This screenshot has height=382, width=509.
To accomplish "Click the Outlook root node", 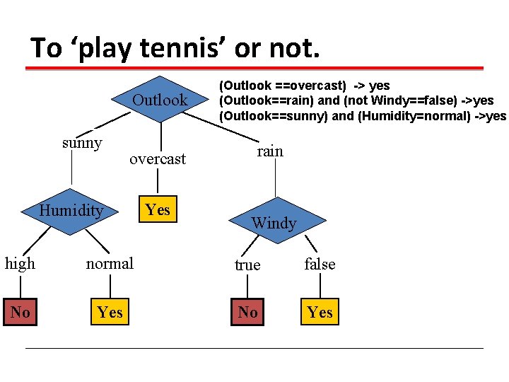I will (x=160, y=100).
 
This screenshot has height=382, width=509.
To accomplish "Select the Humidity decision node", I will (x=71, y=210).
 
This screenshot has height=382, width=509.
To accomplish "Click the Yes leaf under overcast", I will (x=158, y=209).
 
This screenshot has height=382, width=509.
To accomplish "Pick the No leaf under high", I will (x=21, y=312).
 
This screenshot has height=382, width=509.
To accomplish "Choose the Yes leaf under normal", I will (x=110, y=312).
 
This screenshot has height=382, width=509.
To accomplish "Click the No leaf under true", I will (x=248, y=312).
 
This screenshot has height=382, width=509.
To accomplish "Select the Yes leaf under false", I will (x=320, y=312).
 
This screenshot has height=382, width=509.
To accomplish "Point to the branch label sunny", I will (x=82, y=143).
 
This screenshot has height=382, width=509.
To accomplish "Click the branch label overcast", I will (x=158, y=159).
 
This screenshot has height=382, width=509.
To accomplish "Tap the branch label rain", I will (x=270, y=151).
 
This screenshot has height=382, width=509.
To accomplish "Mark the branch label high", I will (x=20, y=264).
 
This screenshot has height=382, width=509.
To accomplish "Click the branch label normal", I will (x=110, y=264).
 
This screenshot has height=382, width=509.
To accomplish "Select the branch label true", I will (x=247, y=265).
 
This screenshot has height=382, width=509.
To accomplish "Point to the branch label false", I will (x=320, y=264).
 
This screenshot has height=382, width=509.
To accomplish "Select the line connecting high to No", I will (x=21, y=286).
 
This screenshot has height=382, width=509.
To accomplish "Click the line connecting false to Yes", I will (x=320, y=286).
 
